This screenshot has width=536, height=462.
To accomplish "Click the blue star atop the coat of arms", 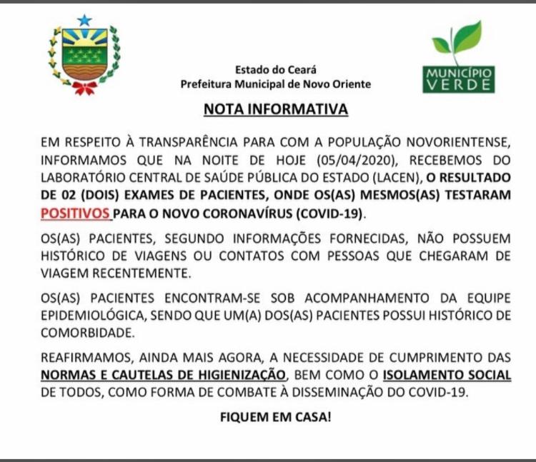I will (x=84, y=21).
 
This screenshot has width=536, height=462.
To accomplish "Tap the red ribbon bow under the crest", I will (x=84, y=87).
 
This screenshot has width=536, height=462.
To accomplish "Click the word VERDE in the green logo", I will (x=458, y=85).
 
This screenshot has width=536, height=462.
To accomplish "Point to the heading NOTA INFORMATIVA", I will (x=276, y=110).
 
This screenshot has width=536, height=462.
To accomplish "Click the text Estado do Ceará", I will (x=275, y=70).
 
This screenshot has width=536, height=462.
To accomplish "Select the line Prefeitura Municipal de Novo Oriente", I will (x=276, y=84).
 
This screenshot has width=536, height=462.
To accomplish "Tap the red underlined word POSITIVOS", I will (x=75, y=214).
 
